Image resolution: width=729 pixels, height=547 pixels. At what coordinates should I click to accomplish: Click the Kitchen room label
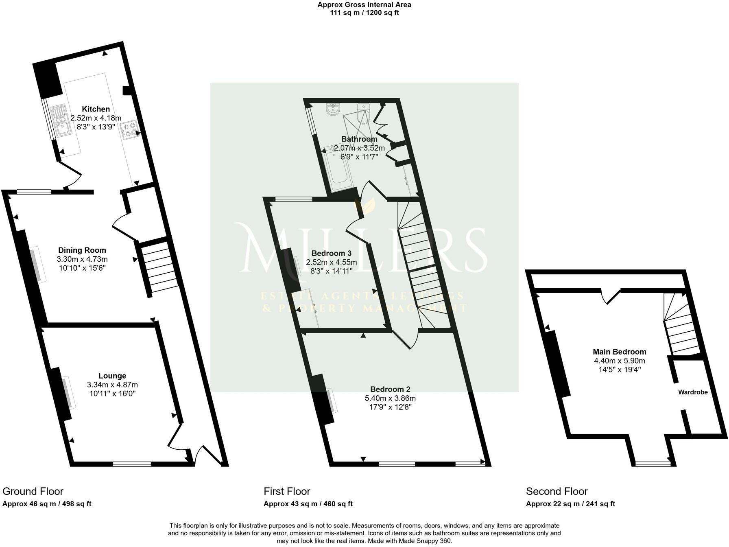coord(96,109)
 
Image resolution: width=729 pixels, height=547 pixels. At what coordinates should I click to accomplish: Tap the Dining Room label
coord(82,250)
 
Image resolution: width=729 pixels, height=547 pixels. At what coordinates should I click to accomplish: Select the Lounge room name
coord(112,376)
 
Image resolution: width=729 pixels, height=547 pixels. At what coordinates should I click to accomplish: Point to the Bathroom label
coord(359,139)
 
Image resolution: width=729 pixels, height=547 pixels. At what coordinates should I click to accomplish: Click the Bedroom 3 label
coord(331,253)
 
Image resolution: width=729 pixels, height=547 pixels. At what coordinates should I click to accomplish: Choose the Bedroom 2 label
coord(390,389)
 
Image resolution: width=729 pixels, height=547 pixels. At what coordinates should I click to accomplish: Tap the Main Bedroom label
coord(619,352)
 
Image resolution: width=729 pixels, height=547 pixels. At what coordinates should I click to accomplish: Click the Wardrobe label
coord(692,392)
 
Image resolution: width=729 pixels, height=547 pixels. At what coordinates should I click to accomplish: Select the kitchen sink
coord(60,120)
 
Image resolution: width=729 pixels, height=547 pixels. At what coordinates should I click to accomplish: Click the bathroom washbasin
coord(333,109)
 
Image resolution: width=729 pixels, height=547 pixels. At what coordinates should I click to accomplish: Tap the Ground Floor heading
coord(33,491)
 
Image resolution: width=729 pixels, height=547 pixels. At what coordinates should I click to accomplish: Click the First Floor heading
coord(287,491)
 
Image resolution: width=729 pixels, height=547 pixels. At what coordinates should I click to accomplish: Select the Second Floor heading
coord(557,491)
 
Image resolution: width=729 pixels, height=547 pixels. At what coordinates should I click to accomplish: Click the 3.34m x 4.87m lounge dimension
coord(112,385)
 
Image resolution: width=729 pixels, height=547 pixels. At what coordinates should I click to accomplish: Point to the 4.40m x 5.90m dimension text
coord(619,361)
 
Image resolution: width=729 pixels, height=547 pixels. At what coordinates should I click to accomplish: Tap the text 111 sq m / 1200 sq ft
coord(364,13)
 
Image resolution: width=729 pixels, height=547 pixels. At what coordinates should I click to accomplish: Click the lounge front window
coord(132,463)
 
